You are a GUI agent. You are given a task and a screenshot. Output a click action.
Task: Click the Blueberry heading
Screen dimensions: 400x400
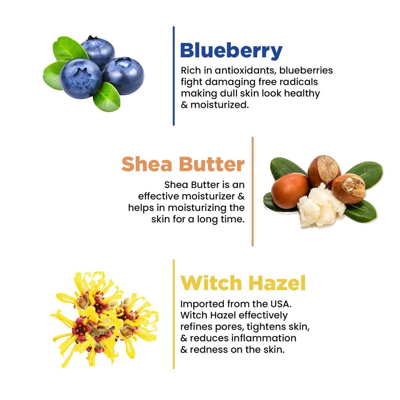click(230, 51)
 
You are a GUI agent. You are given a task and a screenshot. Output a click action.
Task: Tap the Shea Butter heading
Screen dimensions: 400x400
click(183, 164)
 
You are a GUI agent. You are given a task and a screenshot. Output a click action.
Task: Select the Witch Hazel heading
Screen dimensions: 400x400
click(243, 283)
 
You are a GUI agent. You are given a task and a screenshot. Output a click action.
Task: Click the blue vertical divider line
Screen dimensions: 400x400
click(173, 76)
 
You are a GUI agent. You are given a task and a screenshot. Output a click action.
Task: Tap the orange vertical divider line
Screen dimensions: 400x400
click(252, 191)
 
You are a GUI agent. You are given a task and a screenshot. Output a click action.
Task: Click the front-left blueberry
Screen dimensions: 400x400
click(80, 78)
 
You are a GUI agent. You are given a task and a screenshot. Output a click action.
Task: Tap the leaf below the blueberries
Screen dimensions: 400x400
click(106, 98)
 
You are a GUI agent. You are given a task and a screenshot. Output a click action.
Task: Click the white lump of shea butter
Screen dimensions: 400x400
click(320, 206)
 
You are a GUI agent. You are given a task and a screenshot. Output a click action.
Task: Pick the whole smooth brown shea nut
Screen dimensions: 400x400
click(290, 191)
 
